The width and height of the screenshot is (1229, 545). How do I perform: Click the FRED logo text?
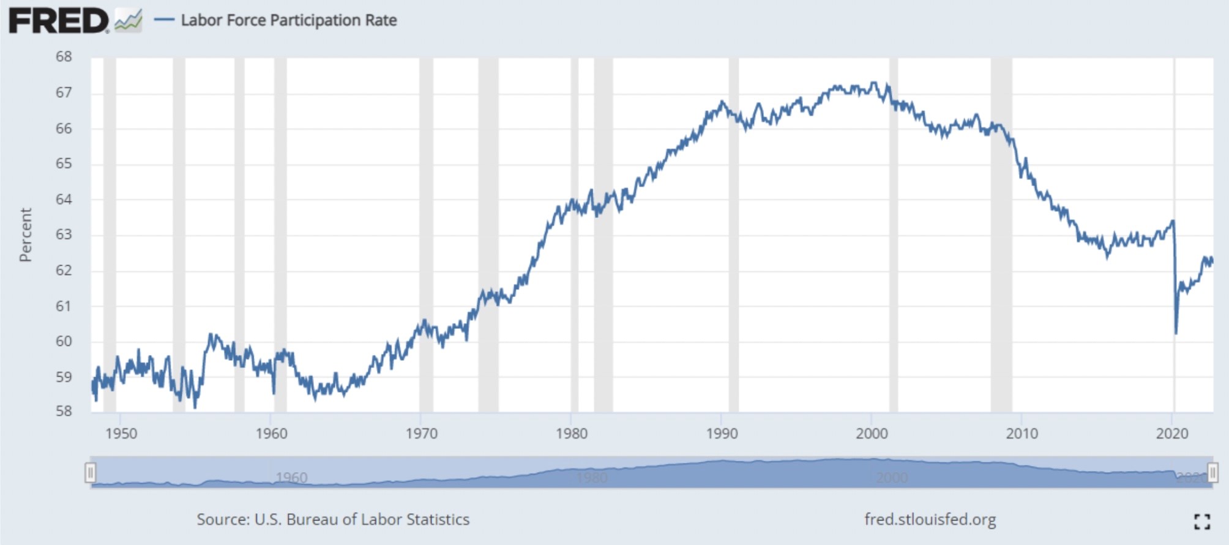pyautogui.click(x=58, y=21)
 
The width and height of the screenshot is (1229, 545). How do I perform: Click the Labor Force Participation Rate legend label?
pyautogui.click(x=288, y=20)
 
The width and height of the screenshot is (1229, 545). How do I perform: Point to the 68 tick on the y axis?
pyautogui.click(x=64, y=57)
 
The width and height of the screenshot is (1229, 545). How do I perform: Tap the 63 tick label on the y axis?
pyautogui.click(x=64, y=235)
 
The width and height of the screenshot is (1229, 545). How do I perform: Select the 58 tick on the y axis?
pyautogui.click(x=64, y=411)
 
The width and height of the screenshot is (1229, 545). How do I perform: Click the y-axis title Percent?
pyautogui.click(x=25, y=235)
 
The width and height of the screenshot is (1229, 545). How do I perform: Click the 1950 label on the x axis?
pyautogui.click(x=121, y=434)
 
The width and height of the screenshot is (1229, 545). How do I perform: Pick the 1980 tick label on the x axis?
pyautogui.click(x=571, y=434)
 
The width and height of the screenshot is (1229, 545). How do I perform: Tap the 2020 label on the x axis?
pyautogui.click(x=1171, y=434)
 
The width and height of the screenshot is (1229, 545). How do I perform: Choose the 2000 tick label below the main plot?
pyautogui.click(x=872, y=434)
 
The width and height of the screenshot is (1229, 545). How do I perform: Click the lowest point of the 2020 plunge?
pyautogui.click(x=1176, y=333)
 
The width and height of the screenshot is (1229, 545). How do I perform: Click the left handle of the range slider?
pyautogui.click(x=91, y=473)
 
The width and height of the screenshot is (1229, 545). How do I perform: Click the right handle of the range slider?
pyautogui.click(x=1212, y=473)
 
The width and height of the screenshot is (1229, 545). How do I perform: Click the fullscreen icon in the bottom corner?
pyautogui.click(x=1202, y=521)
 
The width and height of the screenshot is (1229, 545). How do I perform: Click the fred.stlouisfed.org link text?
pyautogui.click(x=930, y=519)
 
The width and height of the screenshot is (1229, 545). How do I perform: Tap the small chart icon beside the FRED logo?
pyautogui.click(x=129, y=21)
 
